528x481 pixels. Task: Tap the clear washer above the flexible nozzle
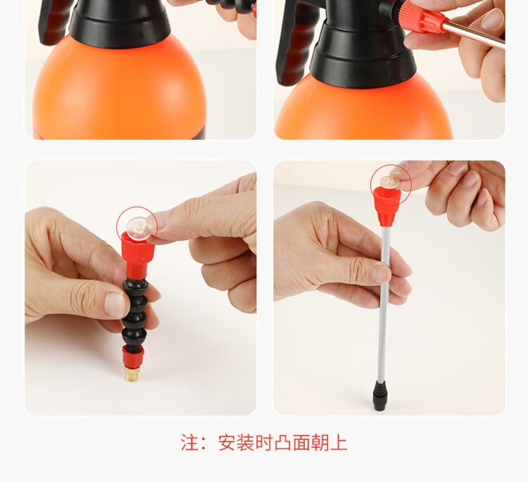(139, 228)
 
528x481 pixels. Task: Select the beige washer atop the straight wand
(390, 182)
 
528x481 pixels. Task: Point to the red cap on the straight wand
(386, 205)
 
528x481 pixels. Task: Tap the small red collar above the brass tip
(132, 357)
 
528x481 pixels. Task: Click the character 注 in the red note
(190, 442)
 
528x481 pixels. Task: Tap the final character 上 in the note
(339, 442)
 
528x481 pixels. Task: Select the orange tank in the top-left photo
(120, 91)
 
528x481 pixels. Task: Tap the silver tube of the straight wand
(382, 302)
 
